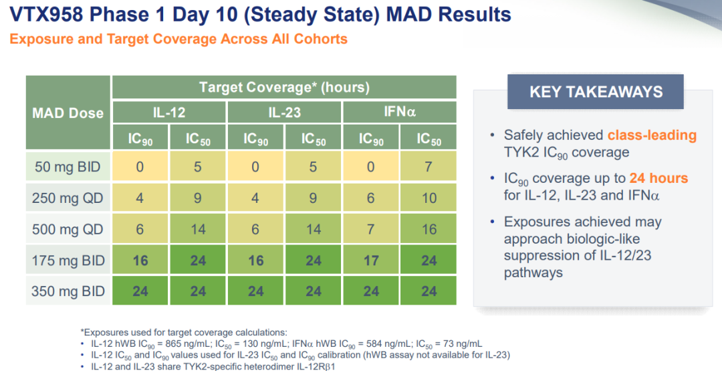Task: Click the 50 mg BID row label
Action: [68, 167]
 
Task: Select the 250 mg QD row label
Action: [68, 198]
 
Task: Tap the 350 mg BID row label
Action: [68, 291]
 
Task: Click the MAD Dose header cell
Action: [68, 113]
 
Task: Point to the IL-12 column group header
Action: [169, 113]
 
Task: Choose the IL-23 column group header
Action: [285, 113]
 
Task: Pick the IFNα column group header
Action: [400, 112]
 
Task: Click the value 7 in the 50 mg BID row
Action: [429, 167]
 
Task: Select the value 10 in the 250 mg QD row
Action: [429, 198]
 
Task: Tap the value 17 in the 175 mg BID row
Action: [371, 261]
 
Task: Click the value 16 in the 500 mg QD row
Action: [429, 229]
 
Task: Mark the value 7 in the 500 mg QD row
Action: [371, 229]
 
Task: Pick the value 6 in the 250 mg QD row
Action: [371, 198]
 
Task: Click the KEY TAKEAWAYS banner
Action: [596, 91]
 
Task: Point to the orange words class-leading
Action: [652, 135]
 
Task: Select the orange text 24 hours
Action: [659, 178]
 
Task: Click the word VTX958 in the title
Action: [47, 14]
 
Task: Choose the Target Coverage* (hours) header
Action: [285, 87]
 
